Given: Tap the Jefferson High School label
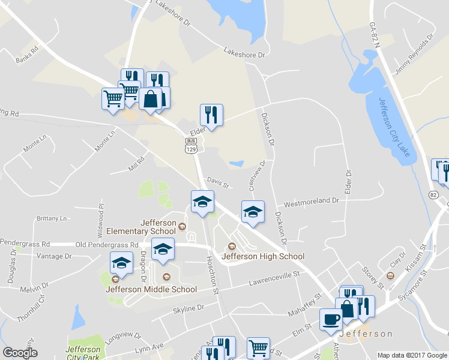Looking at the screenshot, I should point(263,256).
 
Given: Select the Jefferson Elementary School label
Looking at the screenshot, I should point(142,226).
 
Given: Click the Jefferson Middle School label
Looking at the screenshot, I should point(151,289).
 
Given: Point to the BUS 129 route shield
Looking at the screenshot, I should point(191,145).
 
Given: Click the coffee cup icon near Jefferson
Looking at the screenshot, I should point(330,319).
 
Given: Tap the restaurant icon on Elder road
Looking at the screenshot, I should point(211,114).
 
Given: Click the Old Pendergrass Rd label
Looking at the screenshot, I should point(107,245).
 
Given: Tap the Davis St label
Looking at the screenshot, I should point(218,182).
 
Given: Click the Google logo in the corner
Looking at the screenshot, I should point(20,353).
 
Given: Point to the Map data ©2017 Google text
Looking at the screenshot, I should point(412,355).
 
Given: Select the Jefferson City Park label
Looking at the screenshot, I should point(83,353).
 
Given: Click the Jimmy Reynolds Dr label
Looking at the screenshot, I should point(414,55).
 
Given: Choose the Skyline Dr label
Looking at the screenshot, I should point(188,308).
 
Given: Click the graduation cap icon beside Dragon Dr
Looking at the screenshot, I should point(163,250).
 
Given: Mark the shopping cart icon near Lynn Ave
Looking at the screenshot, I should point(258,347).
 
